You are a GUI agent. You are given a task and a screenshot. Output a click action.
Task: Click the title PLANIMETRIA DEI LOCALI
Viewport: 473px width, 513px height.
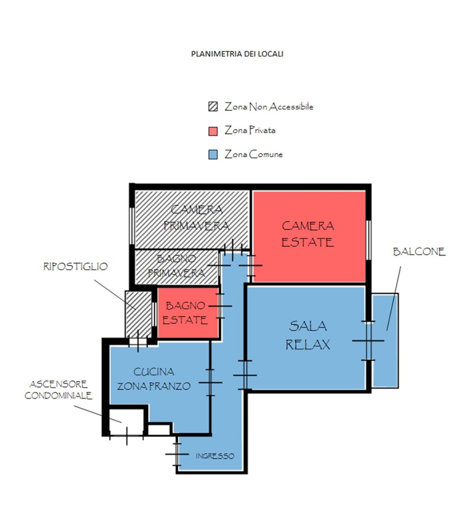click(237, 54)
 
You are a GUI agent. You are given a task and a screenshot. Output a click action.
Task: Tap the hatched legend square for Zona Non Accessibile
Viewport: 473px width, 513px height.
click(213, 106)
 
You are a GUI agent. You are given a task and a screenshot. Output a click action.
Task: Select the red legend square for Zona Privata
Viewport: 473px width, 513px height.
click(213, 131)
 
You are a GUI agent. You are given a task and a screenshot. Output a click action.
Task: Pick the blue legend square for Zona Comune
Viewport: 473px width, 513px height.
click(213, 155)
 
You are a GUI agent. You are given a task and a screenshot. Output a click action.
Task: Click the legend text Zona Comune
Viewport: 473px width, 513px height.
click(253, 154)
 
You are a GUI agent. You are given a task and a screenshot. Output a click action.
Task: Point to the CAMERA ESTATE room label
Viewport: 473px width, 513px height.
click(307, 234)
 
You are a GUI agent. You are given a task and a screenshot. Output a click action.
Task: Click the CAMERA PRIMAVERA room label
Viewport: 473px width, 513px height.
click(196, 218)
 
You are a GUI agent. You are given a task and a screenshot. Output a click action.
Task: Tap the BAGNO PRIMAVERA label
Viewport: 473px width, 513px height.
click(177, 265)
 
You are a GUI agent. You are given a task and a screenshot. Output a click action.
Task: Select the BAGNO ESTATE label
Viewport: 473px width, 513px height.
click(185, 313)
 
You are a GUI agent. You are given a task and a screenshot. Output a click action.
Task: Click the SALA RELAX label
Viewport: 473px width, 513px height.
click(307, 335)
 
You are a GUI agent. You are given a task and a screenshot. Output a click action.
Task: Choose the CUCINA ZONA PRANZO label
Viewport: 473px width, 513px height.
click(154, 379)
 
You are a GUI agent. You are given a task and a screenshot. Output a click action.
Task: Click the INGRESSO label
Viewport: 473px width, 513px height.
click(215, 456)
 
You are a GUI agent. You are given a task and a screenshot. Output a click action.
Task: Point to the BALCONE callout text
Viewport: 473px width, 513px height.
click(419, 252)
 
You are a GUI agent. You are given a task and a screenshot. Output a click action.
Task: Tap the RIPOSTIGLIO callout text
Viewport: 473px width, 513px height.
click(75, 266)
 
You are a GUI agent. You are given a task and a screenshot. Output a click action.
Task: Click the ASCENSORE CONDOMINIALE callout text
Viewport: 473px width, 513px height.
click(58, 390)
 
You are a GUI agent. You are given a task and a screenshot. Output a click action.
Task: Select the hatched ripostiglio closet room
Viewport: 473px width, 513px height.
click(138, 314)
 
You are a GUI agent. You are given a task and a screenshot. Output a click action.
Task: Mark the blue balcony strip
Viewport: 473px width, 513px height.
click(385, 340)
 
